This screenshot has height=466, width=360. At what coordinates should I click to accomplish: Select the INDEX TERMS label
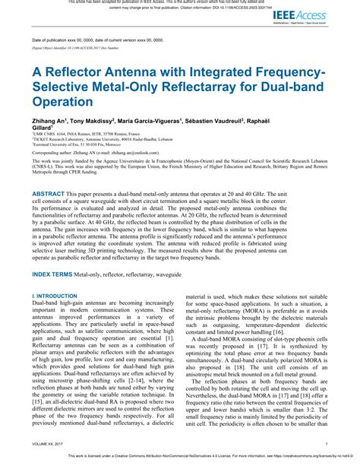(57, 272)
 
